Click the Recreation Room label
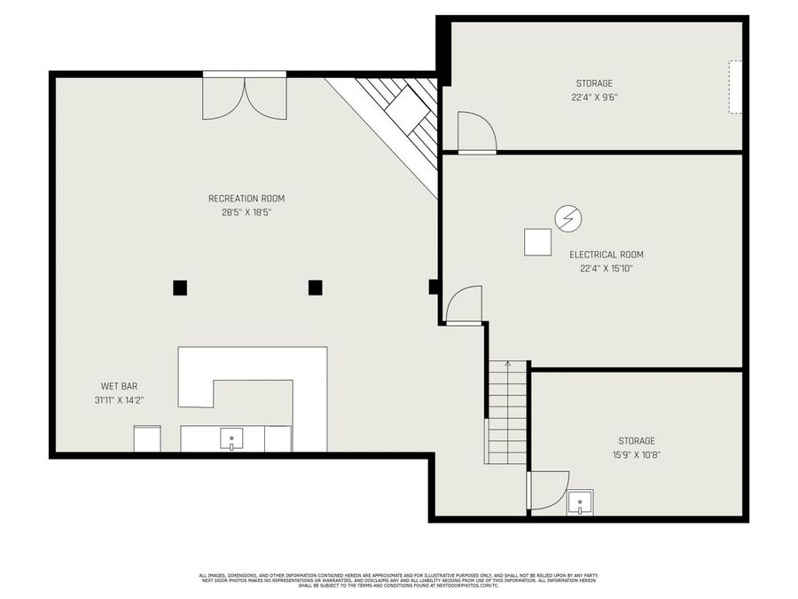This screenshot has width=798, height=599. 246,199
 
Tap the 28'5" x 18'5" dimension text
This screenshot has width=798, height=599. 246,213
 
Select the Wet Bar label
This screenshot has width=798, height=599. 119,387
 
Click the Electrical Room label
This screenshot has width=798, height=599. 606,255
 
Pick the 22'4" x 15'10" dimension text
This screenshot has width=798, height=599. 606,268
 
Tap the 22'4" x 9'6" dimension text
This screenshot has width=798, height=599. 594,98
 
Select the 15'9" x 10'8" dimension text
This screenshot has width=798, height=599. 637,454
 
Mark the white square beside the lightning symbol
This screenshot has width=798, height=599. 536,241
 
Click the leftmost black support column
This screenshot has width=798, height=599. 180,287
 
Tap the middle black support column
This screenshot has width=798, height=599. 315,287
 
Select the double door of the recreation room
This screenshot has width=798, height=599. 245,96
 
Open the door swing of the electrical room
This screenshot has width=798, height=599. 465,305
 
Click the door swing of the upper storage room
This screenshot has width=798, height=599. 476,133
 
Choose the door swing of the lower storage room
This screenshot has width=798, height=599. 548,491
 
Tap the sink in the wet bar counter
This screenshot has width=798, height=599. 231,438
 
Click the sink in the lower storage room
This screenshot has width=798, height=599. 580,502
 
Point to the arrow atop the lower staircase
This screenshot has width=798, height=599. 507,364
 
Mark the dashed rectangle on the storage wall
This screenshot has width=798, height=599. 735,87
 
